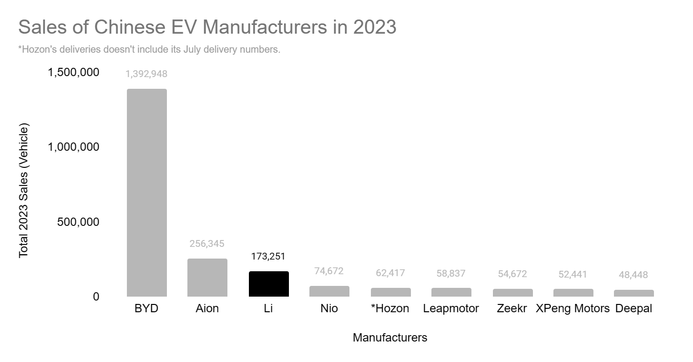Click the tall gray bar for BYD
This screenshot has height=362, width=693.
tap(146, 193)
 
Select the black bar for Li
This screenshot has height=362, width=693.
tap(268, 284)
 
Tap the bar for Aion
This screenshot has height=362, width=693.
tap(207, 278)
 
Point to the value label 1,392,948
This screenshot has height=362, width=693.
tap(146, 74)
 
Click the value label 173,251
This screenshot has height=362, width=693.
tap(268, 256)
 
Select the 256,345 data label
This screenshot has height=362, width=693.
tap(207, 243)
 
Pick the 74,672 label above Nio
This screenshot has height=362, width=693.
tap(329, 271)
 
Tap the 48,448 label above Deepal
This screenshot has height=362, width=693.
tap(634, 275)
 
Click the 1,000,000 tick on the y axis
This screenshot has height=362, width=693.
tap(74, 147)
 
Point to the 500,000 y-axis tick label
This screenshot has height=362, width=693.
tap(79, 222)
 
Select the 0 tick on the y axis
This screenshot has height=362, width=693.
tap(96, 297)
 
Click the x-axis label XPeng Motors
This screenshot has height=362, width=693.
tap(573, 309)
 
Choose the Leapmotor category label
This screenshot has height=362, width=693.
tap(451, 309)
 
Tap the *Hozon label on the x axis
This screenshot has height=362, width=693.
tap(390, 309)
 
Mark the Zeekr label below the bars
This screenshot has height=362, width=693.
tap(512, 309)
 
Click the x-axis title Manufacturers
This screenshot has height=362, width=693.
tap(390, 338)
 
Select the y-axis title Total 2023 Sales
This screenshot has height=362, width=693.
tap(23, 190)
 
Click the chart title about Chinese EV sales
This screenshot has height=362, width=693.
tap(207, 27)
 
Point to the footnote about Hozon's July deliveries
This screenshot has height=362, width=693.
tap(149, 50)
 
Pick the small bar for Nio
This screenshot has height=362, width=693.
tap(329, 291)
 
